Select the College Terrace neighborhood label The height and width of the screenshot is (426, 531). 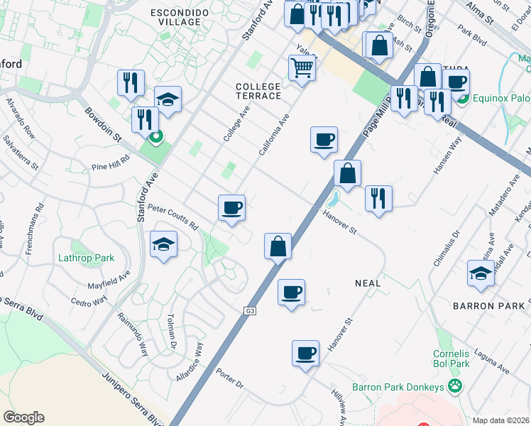pos(258,90)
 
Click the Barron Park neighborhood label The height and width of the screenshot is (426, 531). pos(488,306)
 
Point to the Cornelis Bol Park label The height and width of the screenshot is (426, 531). pos(451,359)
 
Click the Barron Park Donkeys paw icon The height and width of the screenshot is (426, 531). pos(454,387)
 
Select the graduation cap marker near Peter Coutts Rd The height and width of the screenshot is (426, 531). pos(163,245)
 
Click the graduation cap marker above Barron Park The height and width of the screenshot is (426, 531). pos(481,273)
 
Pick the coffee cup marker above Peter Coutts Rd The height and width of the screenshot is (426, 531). pos(231,208)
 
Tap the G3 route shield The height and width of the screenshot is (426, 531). pos(250,311)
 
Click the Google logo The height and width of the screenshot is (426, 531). pos(23,417)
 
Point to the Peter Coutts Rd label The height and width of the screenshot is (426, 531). pos(173,216)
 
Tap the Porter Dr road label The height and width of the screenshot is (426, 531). pos(230,381)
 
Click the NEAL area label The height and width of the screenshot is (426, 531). pos(368,283)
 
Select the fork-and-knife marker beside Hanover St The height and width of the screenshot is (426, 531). pos(378,198)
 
